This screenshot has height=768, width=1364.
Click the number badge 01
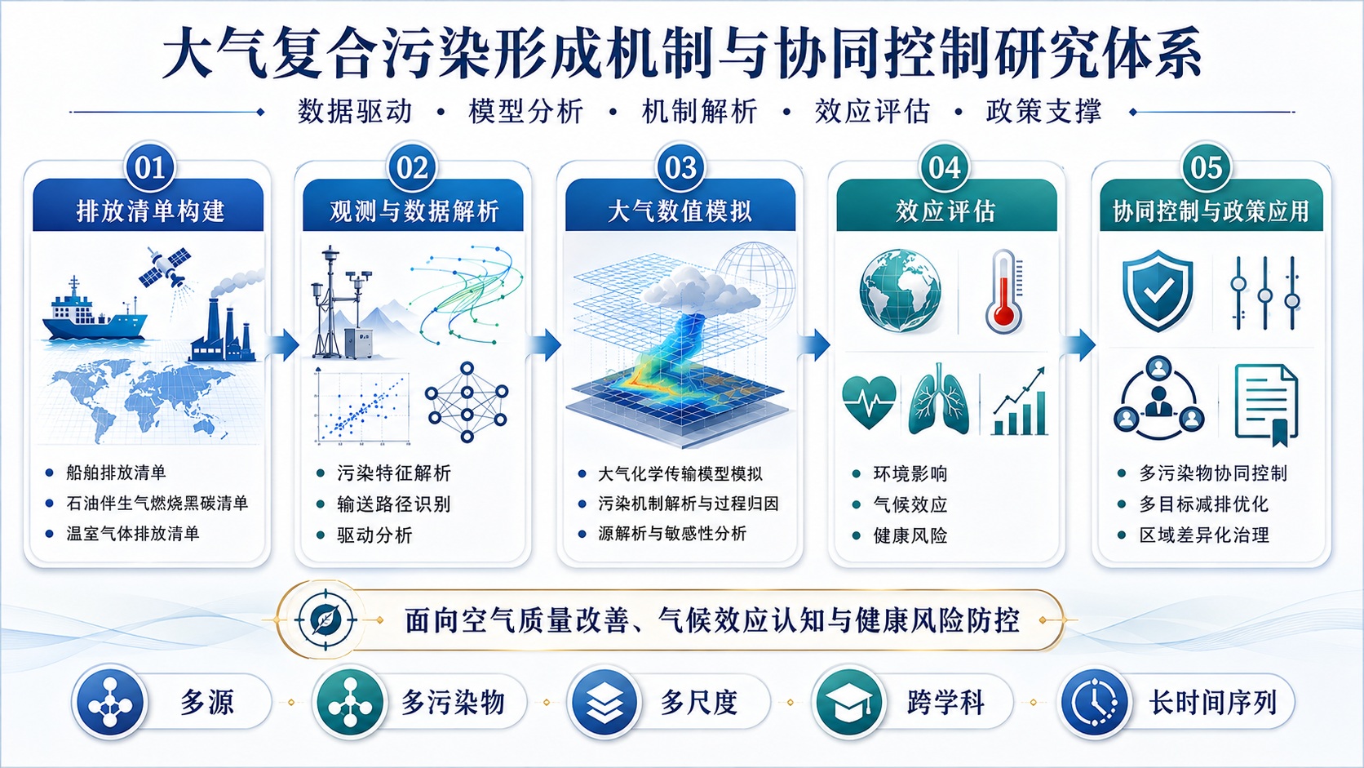tap(150, 167)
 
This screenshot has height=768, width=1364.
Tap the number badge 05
tap(1207, 167)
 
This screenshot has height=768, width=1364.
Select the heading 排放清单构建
tap(150, 211)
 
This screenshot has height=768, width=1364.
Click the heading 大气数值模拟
tap(680, 211)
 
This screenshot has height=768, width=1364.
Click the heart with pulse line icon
tap(869, 402)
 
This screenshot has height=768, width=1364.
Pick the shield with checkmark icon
tap(1158, 291)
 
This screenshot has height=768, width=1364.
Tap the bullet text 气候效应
tap(910, 504)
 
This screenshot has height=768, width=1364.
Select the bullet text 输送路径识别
tap(394, 504)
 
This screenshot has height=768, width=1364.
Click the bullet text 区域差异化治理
tap(1204, 535)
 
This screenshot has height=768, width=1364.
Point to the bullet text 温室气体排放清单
tap(133, 534)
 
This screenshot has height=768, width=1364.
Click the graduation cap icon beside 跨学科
tap(849, 702)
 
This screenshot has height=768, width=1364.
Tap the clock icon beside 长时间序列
tap(1094, 702)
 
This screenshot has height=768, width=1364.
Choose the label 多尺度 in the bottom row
tap(699, 703)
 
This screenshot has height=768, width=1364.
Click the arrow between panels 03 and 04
tap(816, 344)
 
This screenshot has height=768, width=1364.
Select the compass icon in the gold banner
tap(325, 620)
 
